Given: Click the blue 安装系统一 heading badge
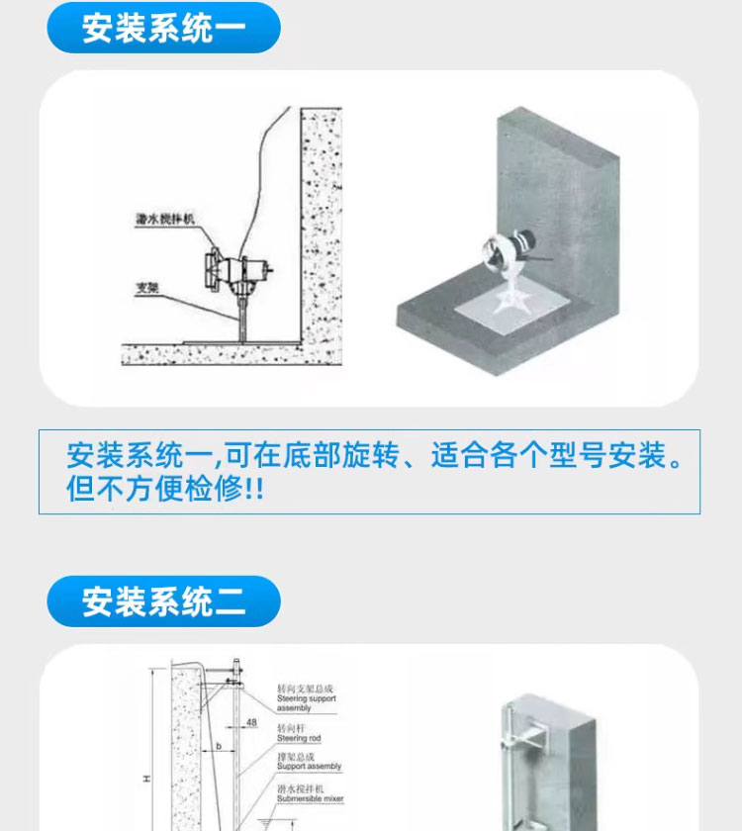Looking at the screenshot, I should tap(164, 27).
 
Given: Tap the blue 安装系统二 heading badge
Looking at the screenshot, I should tap(164, 600).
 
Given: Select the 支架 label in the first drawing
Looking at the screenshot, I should tap(148, 289).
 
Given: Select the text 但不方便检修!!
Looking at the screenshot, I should tap(165, 490).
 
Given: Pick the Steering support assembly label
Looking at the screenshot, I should tap(306, 697).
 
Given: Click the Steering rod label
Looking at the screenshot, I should tap(298, 732).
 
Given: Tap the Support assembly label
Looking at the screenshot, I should tap(309, 762).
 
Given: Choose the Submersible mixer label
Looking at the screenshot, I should tap(310, 792).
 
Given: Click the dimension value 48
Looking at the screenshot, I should tap(251, 723).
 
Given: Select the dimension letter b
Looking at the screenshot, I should tap(218, 748).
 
